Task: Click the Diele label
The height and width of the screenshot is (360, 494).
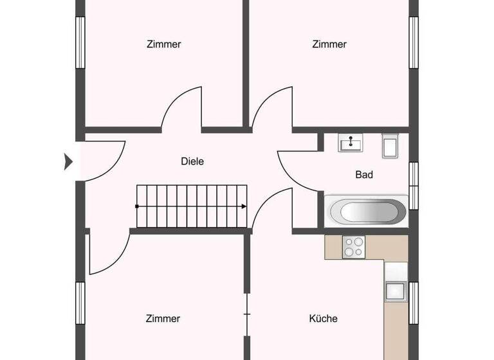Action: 192,161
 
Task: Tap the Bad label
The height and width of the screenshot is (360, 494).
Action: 364,174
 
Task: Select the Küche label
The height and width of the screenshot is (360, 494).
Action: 323,318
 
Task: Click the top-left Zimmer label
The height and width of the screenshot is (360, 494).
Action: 164,44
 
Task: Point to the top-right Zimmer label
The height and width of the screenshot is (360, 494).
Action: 329,44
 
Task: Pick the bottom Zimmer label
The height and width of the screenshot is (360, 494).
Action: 163,318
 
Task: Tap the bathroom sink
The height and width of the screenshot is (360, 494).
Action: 351,142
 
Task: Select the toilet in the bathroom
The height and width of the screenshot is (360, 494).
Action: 390,146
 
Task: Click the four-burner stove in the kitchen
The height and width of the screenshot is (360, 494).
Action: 354,247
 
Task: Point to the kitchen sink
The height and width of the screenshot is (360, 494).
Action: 395,291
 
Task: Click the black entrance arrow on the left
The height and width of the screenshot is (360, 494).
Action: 68,161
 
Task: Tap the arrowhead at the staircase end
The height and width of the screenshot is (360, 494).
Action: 244,206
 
